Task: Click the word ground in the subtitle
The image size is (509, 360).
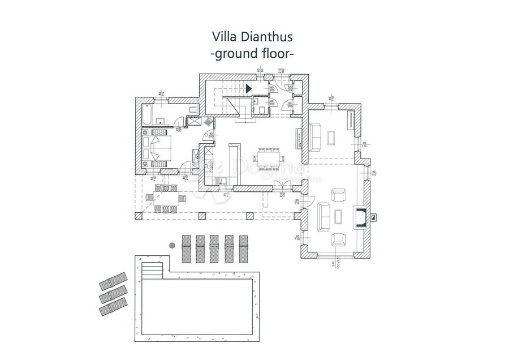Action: click(236, 54)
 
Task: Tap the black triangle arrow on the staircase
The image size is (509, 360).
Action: click(248, 88)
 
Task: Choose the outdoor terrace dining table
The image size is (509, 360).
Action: click(166, 199)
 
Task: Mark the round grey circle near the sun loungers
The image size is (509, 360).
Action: click(172, 245)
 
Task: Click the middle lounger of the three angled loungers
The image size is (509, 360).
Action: click(113, 295)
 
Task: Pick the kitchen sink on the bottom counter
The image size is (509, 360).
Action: click(225, 181)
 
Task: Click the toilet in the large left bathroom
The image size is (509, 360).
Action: click(192, 109)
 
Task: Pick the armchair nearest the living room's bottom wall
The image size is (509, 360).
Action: click(339, 239)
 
